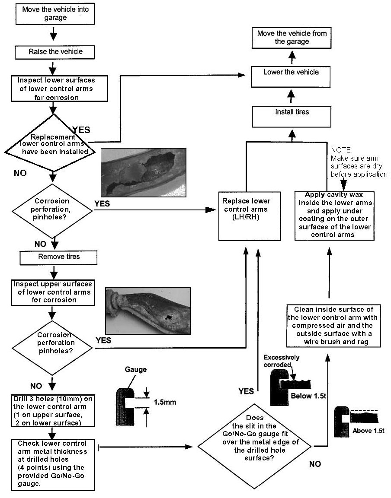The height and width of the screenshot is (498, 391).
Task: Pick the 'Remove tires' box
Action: (59, 257)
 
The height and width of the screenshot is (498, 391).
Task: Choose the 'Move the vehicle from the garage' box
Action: (292, 38)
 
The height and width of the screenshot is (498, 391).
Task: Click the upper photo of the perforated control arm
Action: (143, 172)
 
